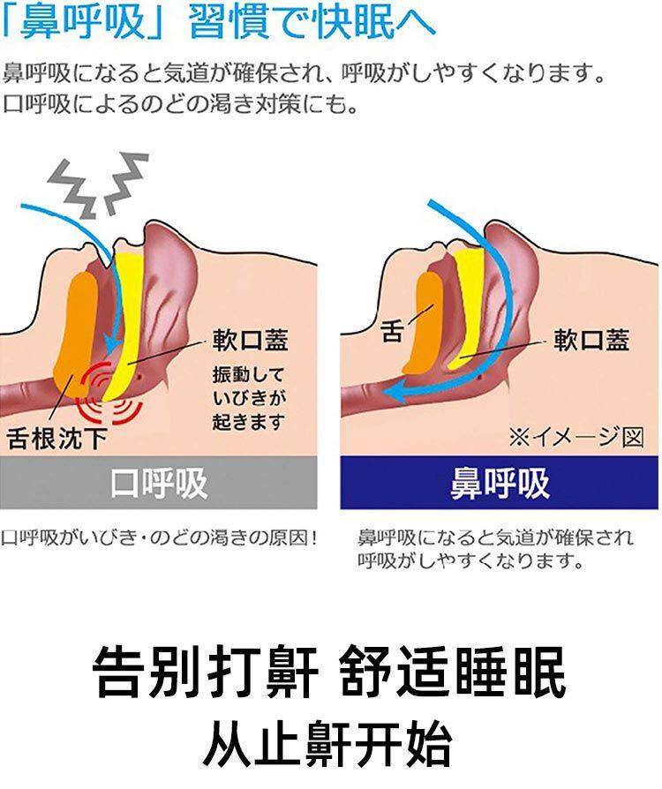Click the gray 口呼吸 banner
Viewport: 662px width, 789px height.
coord(159,483)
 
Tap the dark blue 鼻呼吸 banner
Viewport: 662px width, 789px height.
coord(500,483)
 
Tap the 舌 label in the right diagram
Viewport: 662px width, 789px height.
coord(391,333)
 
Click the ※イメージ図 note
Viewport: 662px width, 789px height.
coord(575,437)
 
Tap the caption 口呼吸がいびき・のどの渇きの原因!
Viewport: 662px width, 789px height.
coord(159,537)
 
